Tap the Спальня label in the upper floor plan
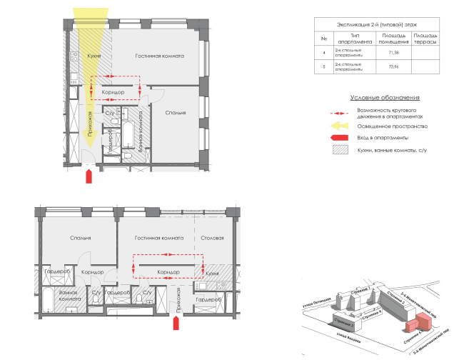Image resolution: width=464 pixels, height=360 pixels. tap(175, 113)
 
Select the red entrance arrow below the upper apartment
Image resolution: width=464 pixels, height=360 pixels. tap(88, 176)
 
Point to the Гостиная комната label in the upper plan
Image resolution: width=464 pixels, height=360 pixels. tap(161, 56)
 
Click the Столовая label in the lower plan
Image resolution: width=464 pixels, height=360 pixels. tap(213, 238)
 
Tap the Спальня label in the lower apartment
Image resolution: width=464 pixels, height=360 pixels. tap(80, 238)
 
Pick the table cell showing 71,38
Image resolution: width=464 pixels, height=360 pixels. tap(392, 54)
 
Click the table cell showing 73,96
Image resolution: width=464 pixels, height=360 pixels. tap(392, 68)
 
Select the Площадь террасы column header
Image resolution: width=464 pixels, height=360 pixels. tap(425, 38)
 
